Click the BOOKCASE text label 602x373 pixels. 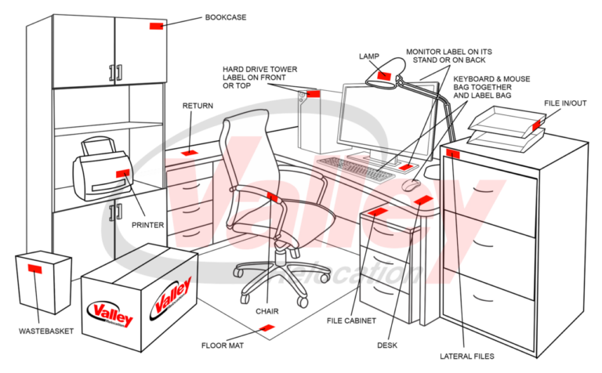click(226, 16)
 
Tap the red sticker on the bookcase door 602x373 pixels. click(156, 26)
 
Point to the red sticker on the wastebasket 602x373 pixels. click(34, 269)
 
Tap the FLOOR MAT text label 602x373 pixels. click(224, 345)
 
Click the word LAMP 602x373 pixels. click(369, 56)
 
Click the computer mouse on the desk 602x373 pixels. click(411, 186)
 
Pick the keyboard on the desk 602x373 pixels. click(357, 168)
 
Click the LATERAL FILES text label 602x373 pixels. click(467, 357)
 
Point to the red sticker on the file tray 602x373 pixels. click(537, 125)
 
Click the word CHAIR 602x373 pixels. click(267, 311)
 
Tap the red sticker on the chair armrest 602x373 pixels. click(272, 197)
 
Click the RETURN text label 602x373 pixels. click(198, 106)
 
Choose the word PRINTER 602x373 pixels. click(147, 225)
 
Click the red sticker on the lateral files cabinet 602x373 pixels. click(452, 154)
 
